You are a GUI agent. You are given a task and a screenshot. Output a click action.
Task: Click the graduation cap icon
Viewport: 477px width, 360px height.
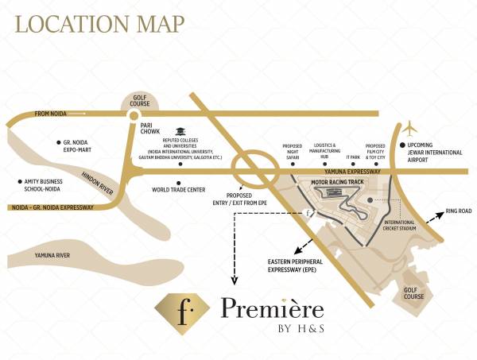[180, 130]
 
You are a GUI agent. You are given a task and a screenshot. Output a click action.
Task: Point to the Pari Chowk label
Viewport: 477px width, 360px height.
[152, 129]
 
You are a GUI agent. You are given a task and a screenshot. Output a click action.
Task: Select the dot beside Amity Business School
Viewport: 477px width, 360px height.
[19, 180]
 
